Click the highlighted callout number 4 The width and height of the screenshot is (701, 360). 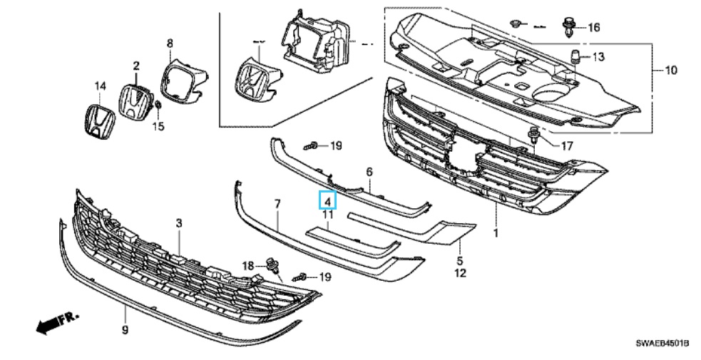point(327,201)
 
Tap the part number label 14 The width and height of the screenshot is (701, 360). point(100,86)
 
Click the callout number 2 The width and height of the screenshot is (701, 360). point(135,66)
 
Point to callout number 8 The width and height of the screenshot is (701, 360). point(170,44)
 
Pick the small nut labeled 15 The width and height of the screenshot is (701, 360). point(158,108)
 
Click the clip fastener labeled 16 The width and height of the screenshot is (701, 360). point(568,28)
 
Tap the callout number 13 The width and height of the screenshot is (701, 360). point(597,56)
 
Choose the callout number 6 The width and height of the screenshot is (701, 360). point(369,173)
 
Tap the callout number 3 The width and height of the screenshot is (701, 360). point(179,223)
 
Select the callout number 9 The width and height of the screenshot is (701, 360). point(125,329)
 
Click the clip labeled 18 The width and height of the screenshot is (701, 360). point(272,264)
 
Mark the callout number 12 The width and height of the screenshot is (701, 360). point(460,273)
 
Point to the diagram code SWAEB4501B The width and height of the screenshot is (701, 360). point(662,344)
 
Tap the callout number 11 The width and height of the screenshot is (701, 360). point(327,215)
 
